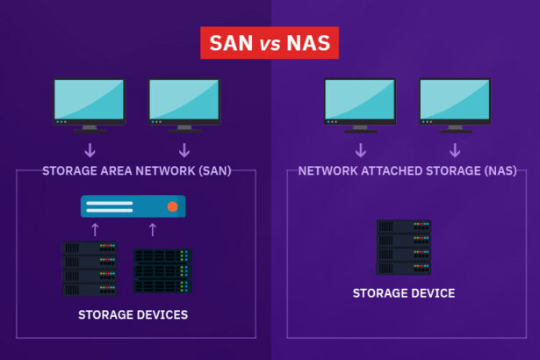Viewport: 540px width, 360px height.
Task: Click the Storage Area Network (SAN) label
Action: (x=136, y=170)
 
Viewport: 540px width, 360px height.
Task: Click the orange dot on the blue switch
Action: (x=172, y=206)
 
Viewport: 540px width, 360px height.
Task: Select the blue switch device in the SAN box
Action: (x=133, y=206)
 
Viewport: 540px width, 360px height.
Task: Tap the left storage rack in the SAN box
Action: (x=90, y=269)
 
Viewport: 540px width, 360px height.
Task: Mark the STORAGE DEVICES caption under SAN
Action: (x=133, y=314)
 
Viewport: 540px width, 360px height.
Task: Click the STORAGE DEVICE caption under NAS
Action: (x=404, y=293)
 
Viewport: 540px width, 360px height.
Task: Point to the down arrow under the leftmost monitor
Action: (x=90, y=149)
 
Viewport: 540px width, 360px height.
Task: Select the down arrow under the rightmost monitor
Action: (x=455, y=149)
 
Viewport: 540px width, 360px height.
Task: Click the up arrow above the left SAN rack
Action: (x=97, y=230)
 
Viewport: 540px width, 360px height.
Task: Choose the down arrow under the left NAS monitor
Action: (x=360, y=149)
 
